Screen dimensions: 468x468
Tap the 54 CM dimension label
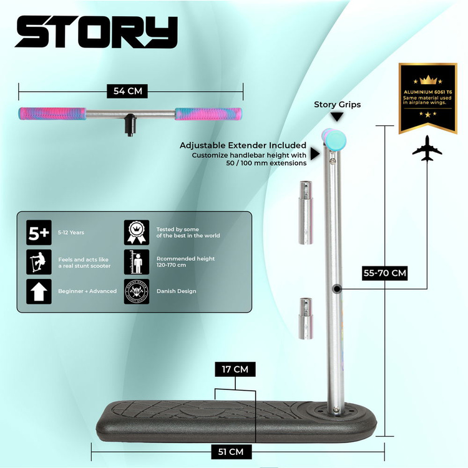coord(128,91)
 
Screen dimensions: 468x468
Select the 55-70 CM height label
coord(385,273)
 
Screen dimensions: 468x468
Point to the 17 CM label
coord(235,369)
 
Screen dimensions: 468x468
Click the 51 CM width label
coord(235,451)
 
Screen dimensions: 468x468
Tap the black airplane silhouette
coord(427,149)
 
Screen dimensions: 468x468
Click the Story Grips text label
coord(337,104)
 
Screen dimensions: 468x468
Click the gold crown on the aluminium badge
coord(427,79)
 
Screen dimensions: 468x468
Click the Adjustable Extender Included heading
coord(243,145)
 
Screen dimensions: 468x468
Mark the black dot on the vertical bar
coord(337,288)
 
